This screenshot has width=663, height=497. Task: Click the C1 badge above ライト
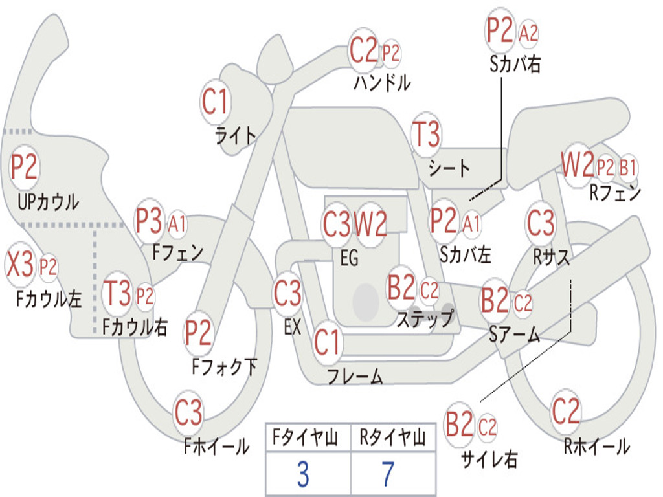(x=216, y=102)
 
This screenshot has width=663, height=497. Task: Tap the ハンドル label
(x=382, y=83)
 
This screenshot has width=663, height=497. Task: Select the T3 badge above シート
(x=426, y=135)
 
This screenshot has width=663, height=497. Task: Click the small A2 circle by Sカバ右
(x=528, y=33)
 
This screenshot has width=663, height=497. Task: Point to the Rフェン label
(x=614, y=192)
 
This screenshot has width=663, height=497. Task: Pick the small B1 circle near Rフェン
(x=627, y=168)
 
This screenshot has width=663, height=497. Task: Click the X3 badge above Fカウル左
(x=20, y=264)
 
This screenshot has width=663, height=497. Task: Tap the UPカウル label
(x=49, y=202)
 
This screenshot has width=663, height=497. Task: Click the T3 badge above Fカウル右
(x=118, y=294)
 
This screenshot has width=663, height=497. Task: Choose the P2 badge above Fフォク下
(x=199, y=333)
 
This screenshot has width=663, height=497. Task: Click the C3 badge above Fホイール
(x=188, y=413)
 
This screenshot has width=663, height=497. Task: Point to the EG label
(x=349, y=258)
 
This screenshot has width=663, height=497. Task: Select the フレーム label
(x=355, y=376)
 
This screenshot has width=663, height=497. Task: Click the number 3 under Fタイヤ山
(x=303, y=474)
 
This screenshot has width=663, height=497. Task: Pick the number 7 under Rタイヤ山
(x=387, y=474)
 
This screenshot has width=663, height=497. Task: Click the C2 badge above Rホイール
(x=566, y=410)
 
